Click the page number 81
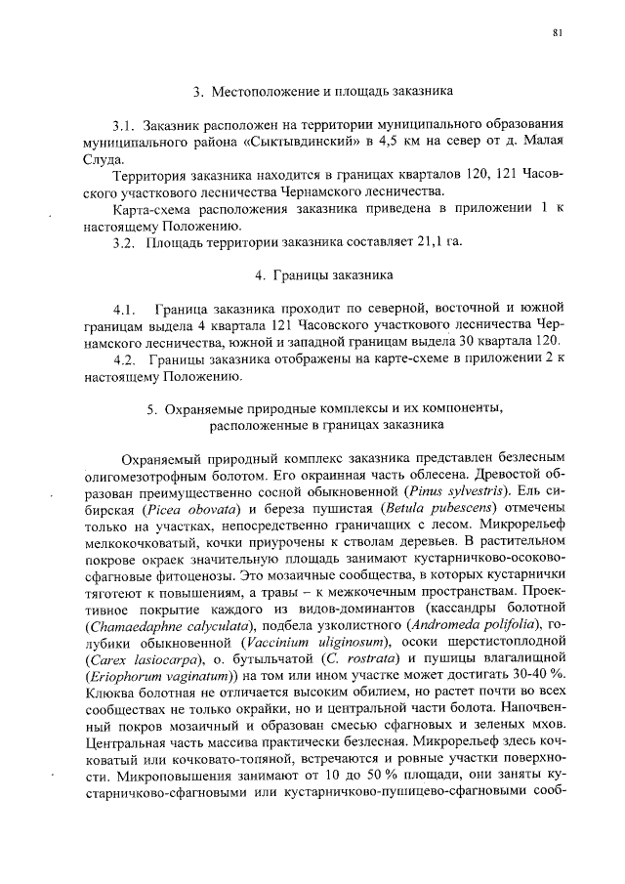point(557,33)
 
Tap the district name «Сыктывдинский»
point(302,144)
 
